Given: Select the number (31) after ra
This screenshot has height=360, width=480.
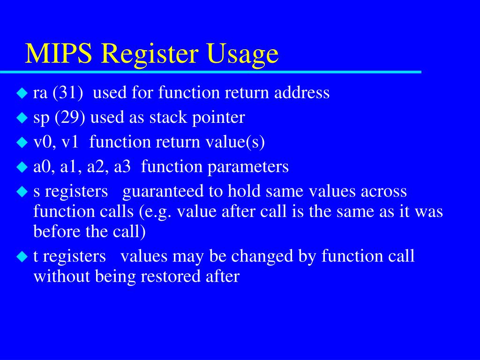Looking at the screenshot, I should tap(67, 93).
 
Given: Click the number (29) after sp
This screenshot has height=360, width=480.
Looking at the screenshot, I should tap(70, 118).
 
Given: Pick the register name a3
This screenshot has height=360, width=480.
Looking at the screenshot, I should tap(122, 166).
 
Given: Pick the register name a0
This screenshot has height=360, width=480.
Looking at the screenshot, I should tap(42, 167).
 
